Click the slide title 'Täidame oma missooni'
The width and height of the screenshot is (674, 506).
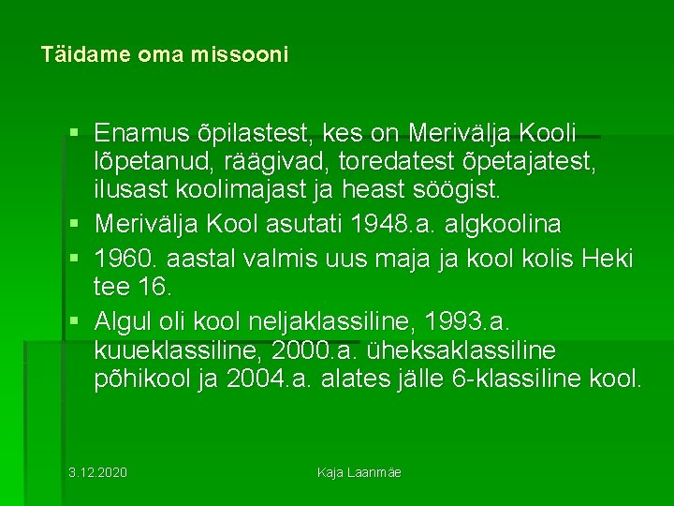(165, 55)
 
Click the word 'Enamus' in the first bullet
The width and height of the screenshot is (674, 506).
(139, 134)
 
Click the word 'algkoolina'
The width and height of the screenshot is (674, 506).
(509, 225)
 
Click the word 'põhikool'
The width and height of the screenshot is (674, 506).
(138, 379)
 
